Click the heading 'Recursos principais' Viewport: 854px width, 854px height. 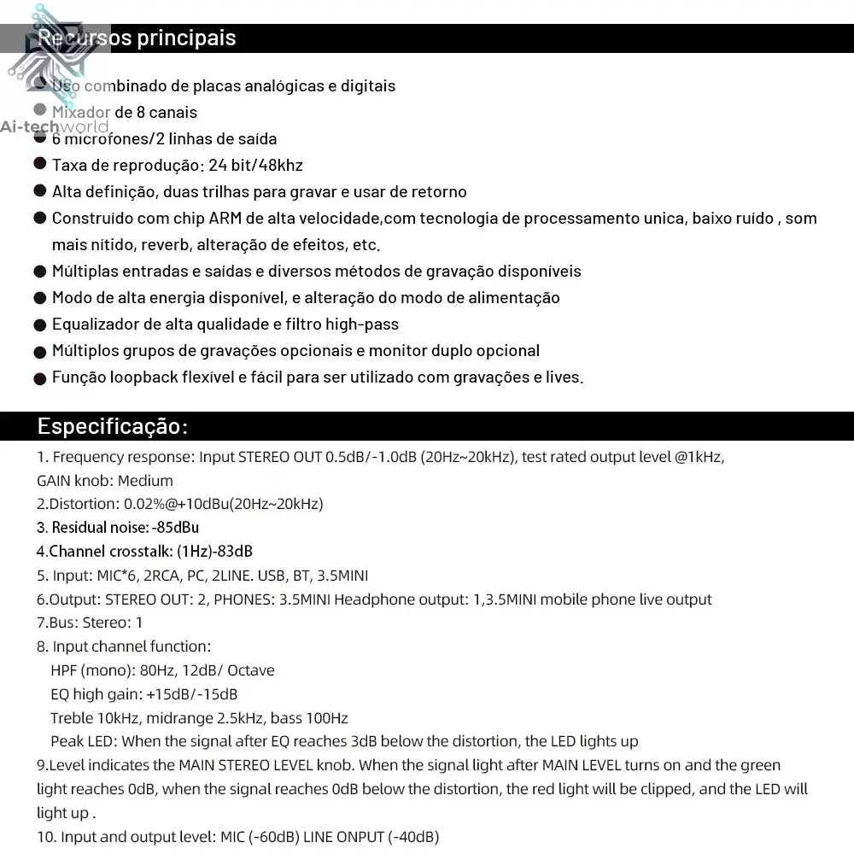(x=137, y=38)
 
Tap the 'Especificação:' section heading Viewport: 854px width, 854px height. (x=112, y=426)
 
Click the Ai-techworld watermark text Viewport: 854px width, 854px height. (x=55, y=126)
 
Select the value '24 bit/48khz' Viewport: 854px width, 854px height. (x=255, y=165)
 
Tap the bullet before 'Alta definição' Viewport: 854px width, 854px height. (x=40, y=191)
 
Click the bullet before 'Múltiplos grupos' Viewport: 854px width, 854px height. (x=40, y=351)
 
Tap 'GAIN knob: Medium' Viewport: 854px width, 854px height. (x=105, y=481)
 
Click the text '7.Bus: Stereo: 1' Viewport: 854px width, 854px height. (x=90, y=623)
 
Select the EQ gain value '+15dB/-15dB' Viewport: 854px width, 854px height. (x=191, y=694)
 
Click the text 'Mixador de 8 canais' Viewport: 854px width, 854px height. (x=125, y=112)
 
